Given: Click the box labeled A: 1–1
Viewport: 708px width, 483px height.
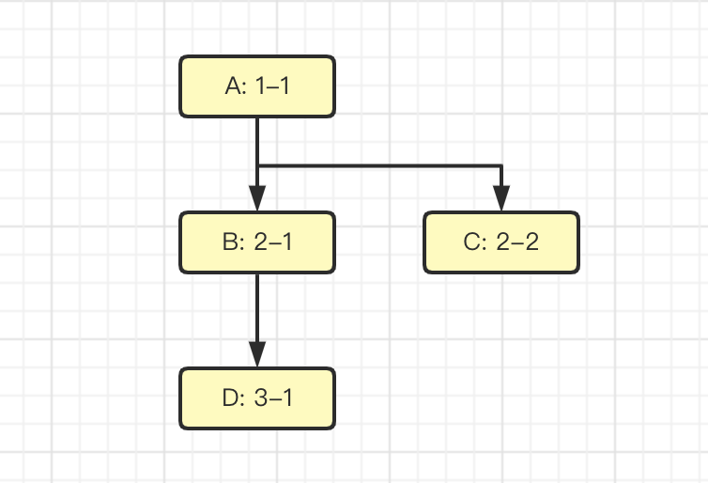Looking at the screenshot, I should coord(256,86).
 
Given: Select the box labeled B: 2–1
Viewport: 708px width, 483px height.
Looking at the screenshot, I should coord(256,242).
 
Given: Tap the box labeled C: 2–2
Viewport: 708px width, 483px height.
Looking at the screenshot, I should coord(501,242).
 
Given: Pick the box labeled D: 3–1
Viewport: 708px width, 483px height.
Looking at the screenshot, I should coord(256,398).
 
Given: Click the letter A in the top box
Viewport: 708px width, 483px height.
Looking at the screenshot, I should coord(234,86).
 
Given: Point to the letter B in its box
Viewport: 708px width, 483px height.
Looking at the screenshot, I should coord(231,242).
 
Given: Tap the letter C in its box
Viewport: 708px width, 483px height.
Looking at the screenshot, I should coord(472,242).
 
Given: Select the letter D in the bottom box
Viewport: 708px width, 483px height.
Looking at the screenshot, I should coord(231,398).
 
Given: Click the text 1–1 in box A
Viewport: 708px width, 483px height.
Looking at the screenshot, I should coord(272,86).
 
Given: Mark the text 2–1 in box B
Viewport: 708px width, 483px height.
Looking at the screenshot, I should coord(273,242).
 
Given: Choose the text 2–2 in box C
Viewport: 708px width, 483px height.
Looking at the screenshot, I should coord(517,242).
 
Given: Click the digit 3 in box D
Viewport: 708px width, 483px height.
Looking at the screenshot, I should coord(261,398).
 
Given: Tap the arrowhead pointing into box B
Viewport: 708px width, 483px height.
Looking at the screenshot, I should coord(256,200).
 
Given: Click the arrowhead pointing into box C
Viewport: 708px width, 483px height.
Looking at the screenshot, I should coord(501,200).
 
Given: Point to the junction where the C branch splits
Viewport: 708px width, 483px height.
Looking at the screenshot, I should coord(256,166).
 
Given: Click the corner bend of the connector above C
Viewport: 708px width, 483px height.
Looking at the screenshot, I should coord(501,166).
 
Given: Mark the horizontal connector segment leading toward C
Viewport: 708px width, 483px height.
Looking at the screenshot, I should coord(379,166).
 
